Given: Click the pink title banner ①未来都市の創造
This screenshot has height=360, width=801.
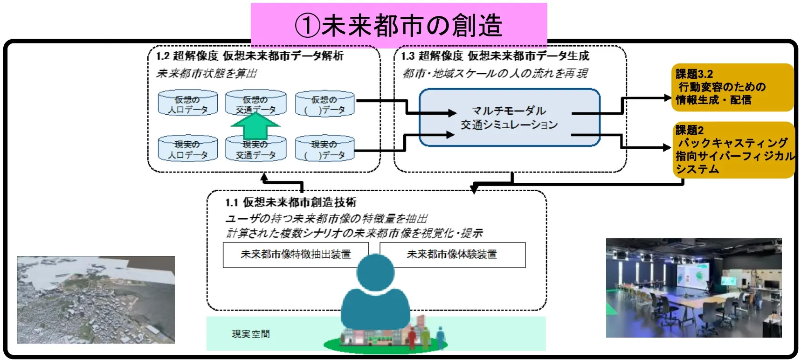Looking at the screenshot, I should (x=399, y=25).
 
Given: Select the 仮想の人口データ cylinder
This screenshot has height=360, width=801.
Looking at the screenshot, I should (x=187, y=104).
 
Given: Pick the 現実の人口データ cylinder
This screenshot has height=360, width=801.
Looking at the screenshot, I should (x=187, y=149).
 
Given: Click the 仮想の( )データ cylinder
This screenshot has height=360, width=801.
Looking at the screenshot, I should (x=325, y=104).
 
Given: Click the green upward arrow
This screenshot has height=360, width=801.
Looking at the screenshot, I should (x=255, y=125).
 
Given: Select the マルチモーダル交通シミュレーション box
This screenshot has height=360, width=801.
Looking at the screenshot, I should (x=509, y=118).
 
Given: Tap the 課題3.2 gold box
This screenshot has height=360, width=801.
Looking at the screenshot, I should (x=732, y=87).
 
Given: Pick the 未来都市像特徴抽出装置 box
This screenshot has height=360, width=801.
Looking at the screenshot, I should (x=296, y=255).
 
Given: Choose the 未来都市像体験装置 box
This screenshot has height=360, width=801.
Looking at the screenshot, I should (x=452, y=255).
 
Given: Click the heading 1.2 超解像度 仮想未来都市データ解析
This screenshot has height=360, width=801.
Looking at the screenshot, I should (x=250, y=56).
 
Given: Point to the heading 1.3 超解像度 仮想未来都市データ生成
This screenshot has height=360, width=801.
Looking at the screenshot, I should (x=495, y=56).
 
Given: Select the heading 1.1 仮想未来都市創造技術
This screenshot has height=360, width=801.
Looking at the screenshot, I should (x=290, y=202).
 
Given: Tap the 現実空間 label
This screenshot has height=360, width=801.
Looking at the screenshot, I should (x=251, y=334).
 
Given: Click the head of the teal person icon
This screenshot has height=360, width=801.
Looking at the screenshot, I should (x=375, y=272).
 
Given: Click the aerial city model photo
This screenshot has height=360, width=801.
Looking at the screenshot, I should (x=96, y=300).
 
